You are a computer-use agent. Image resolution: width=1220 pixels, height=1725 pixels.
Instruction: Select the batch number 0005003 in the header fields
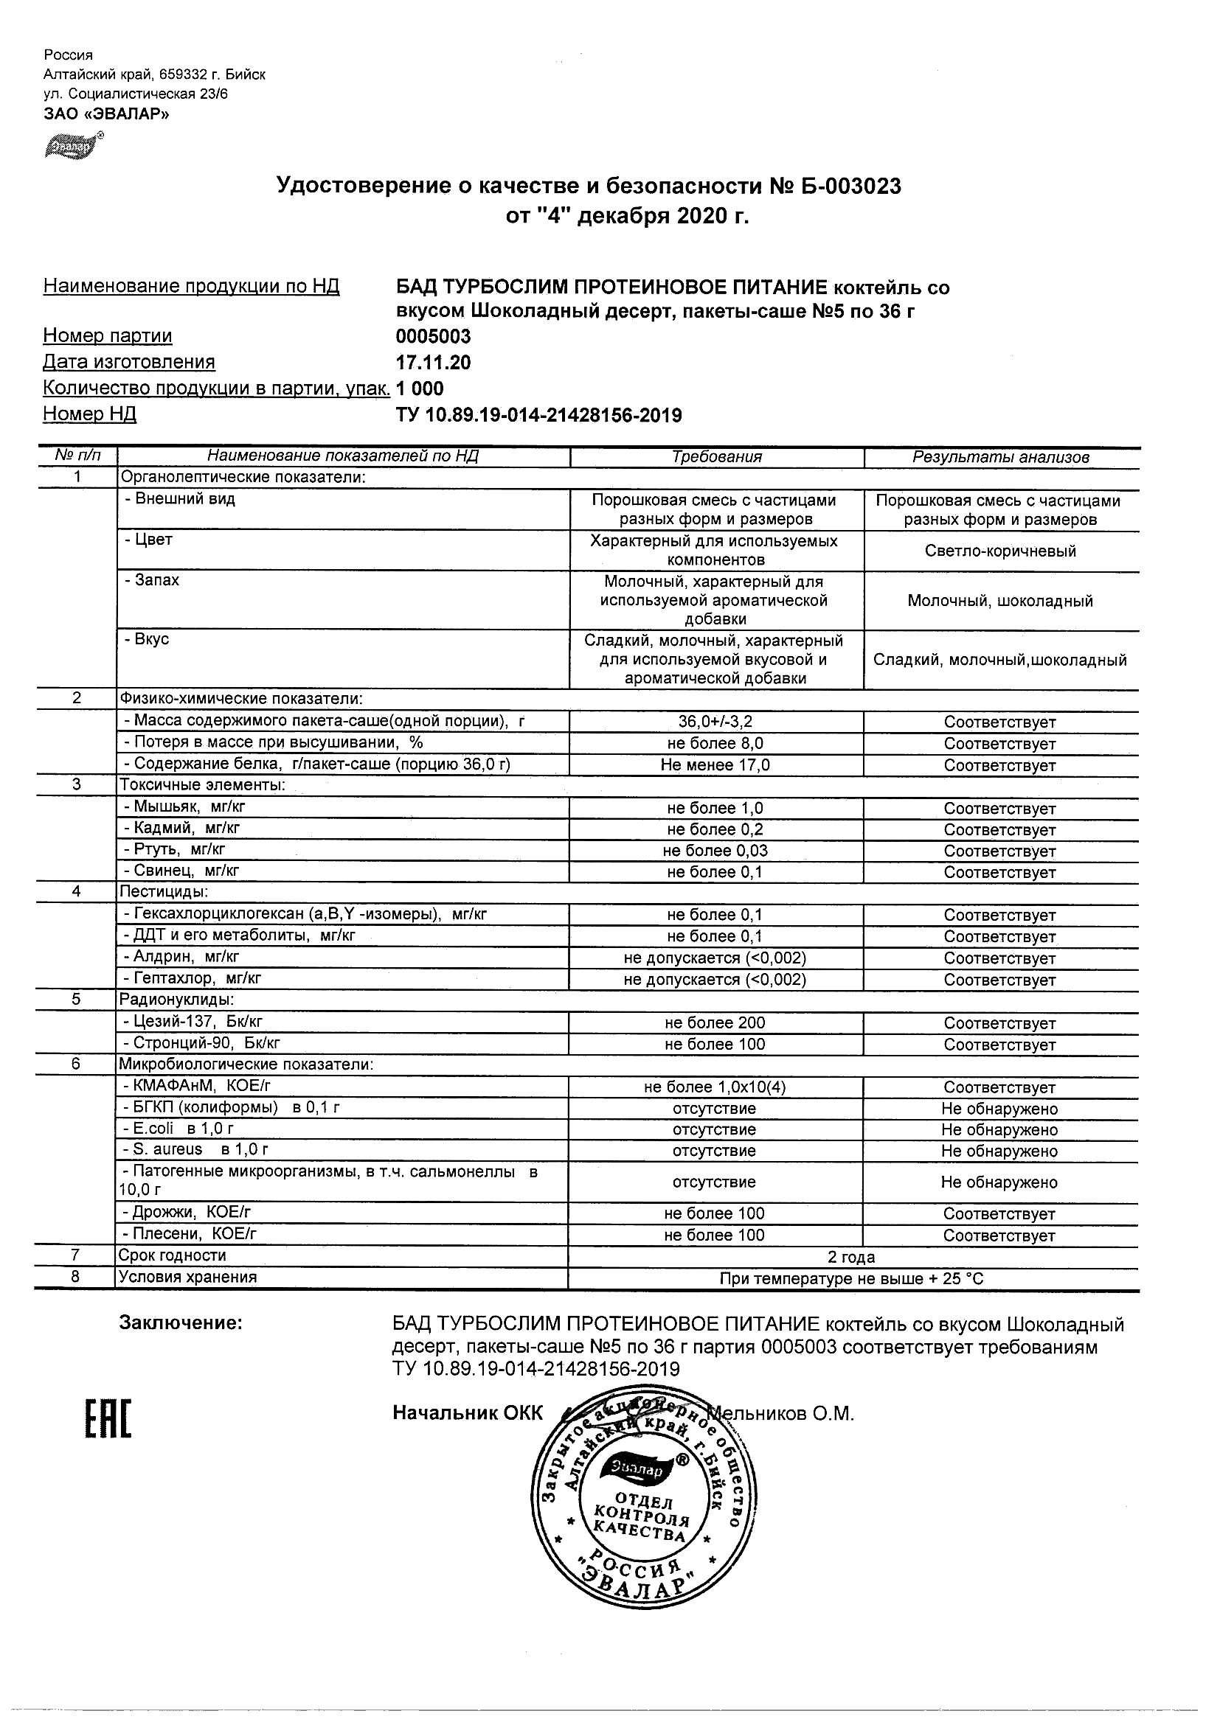click(x=433, y=337)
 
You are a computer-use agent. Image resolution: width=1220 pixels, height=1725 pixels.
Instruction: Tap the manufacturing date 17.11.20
click(x=433, y=363)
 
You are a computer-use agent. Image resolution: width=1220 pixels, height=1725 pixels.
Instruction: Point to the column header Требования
click(x=716, y=457)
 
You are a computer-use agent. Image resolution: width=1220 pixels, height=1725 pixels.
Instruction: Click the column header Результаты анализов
click(x=1000, y=457)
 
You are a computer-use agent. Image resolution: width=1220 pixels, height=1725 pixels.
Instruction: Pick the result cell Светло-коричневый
click(x=1000, y=551)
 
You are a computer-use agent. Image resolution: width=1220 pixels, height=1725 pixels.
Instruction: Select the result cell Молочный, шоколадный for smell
click(x=999, y=600)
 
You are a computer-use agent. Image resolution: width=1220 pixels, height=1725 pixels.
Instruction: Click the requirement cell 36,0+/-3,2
click(x=715, y=722)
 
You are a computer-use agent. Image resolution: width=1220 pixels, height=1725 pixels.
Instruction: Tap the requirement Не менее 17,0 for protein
click(x=715, y=765)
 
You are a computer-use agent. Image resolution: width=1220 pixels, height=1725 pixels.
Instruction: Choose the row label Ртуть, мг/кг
click(x=174, y=850)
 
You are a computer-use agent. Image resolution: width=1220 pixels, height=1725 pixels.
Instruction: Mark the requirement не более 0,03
click(x=715, y=851)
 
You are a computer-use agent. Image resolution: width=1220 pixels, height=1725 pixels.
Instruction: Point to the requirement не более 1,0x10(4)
click(x=715, y=1087)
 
